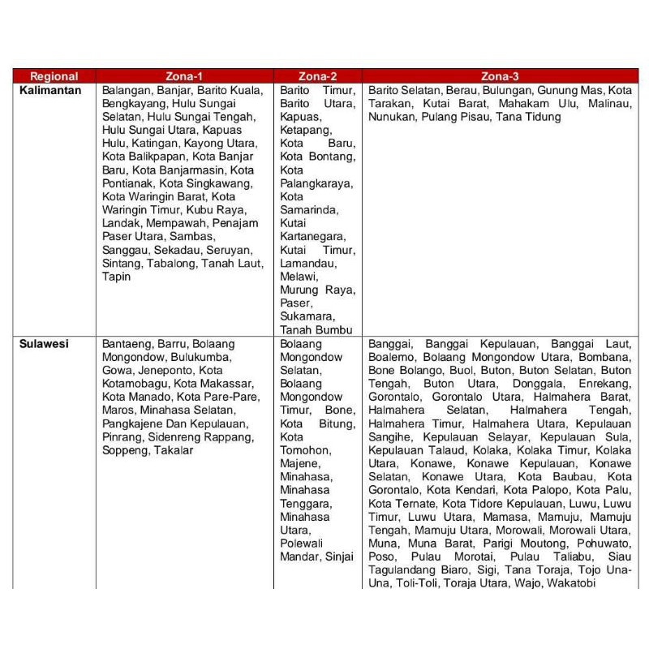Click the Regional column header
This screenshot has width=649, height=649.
[x=53, y=76]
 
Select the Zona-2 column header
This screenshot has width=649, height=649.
[x=318, y=76]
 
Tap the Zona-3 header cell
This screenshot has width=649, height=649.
[x=501, y=76]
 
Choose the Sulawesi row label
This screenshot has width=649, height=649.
[x=45, y=343]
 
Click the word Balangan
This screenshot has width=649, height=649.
[x=126, y=90]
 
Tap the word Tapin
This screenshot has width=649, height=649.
[x=116, y=277]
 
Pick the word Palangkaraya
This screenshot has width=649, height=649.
[x=316, y=183]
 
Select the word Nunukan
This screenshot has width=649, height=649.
[x=392, y=117]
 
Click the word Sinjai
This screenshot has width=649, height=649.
[x=338, y=556]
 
